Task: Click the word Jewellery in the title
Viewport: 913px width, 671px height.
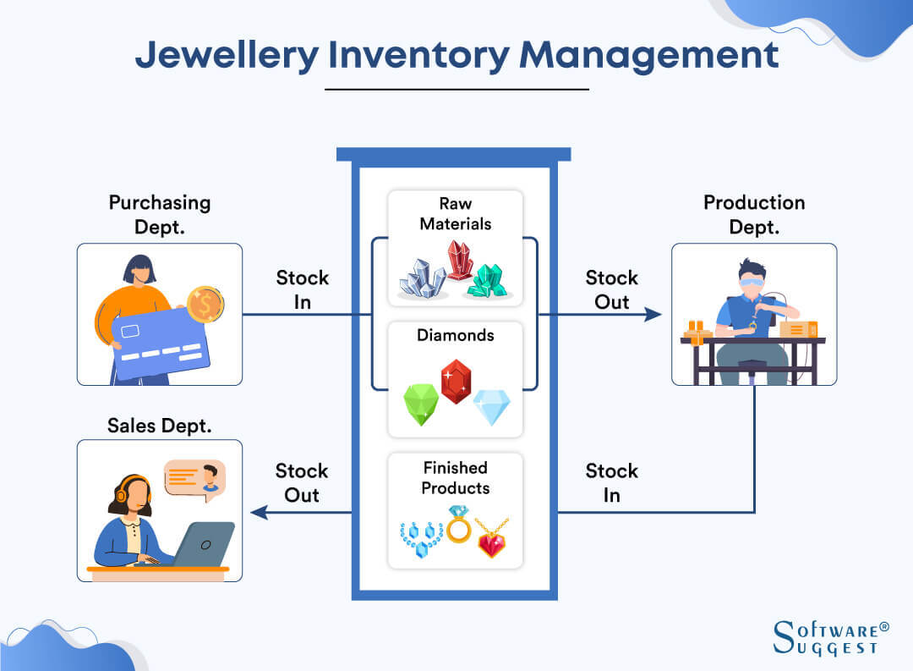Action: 227,55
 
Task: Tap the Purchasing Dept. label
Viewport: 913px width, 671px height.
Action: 159,214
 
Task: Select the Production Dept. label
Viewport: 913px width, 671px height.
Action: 754,214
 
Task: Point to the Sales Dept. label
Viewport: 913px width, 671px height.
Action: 159,426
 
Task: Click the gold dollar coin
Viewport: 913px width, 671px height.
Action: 205,304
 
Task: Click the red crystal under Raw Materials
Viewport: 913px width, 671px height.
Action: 460,259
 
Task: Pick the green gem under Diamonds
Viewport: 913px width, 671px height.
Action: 421,404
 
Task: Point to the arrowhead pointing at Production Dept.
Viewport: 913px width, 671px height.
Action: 653,315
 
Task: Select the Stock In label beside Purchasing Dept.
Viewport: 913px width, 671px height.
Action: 302,289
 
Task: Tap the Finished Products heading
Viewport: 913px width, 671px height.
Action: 455,478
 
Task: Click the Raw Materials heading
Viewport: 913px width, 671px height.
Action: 455,214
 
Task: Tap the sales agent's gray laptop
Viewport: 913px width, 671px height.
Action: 203,542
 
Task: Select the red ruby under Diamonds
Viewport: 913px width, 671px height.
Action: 456,382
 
